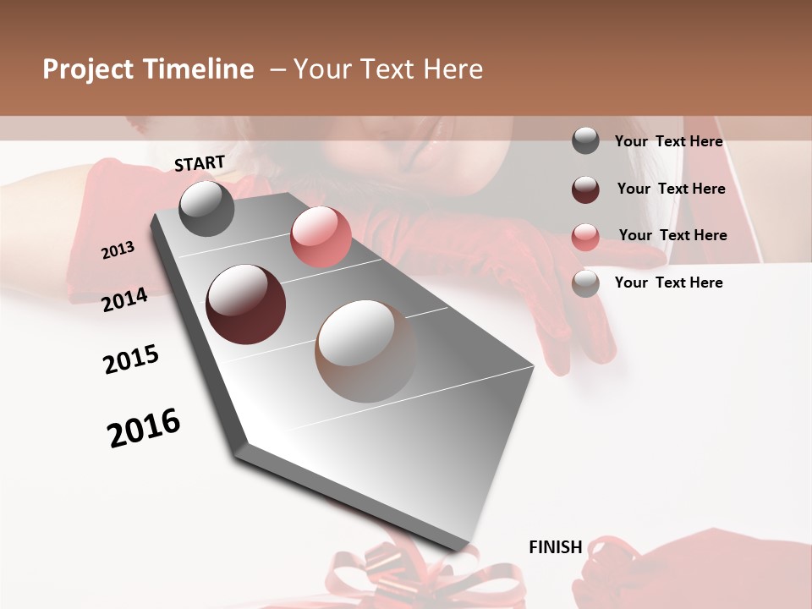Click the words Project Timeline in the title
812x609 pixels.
pos(148,69)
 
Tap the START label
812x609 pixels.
pos(200,163)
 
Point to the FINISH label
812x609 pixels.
pos(555,547)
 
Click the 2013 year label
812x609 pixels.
pos(118,250)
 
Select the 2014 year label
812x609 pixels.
pos(124,299)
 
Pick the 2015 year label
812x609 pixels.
pos(130,359)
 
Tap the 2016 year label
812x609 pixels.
pos(144,428)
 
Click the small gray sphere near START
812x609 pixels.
pos(206,208)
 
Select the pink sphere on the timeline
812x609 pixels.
pos(320,238)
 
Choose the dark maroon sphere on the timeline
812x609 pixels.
pos(245,304)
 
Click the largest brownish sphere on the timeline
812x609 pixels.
pos(365,350)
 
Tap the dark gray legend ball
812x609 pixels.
pos(585,140)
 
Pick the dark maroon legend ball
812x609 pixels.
pos(585,189)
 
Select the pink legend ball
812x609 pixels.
pos(585,236)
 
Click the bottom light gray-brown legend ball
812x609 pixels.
pos(585,283)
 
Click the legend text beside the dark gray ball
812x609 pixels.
pos(668,141)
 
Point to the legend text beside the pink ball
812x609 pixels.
pos(672,235)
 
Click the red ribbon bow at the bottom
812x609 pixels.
pos(398,575)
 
